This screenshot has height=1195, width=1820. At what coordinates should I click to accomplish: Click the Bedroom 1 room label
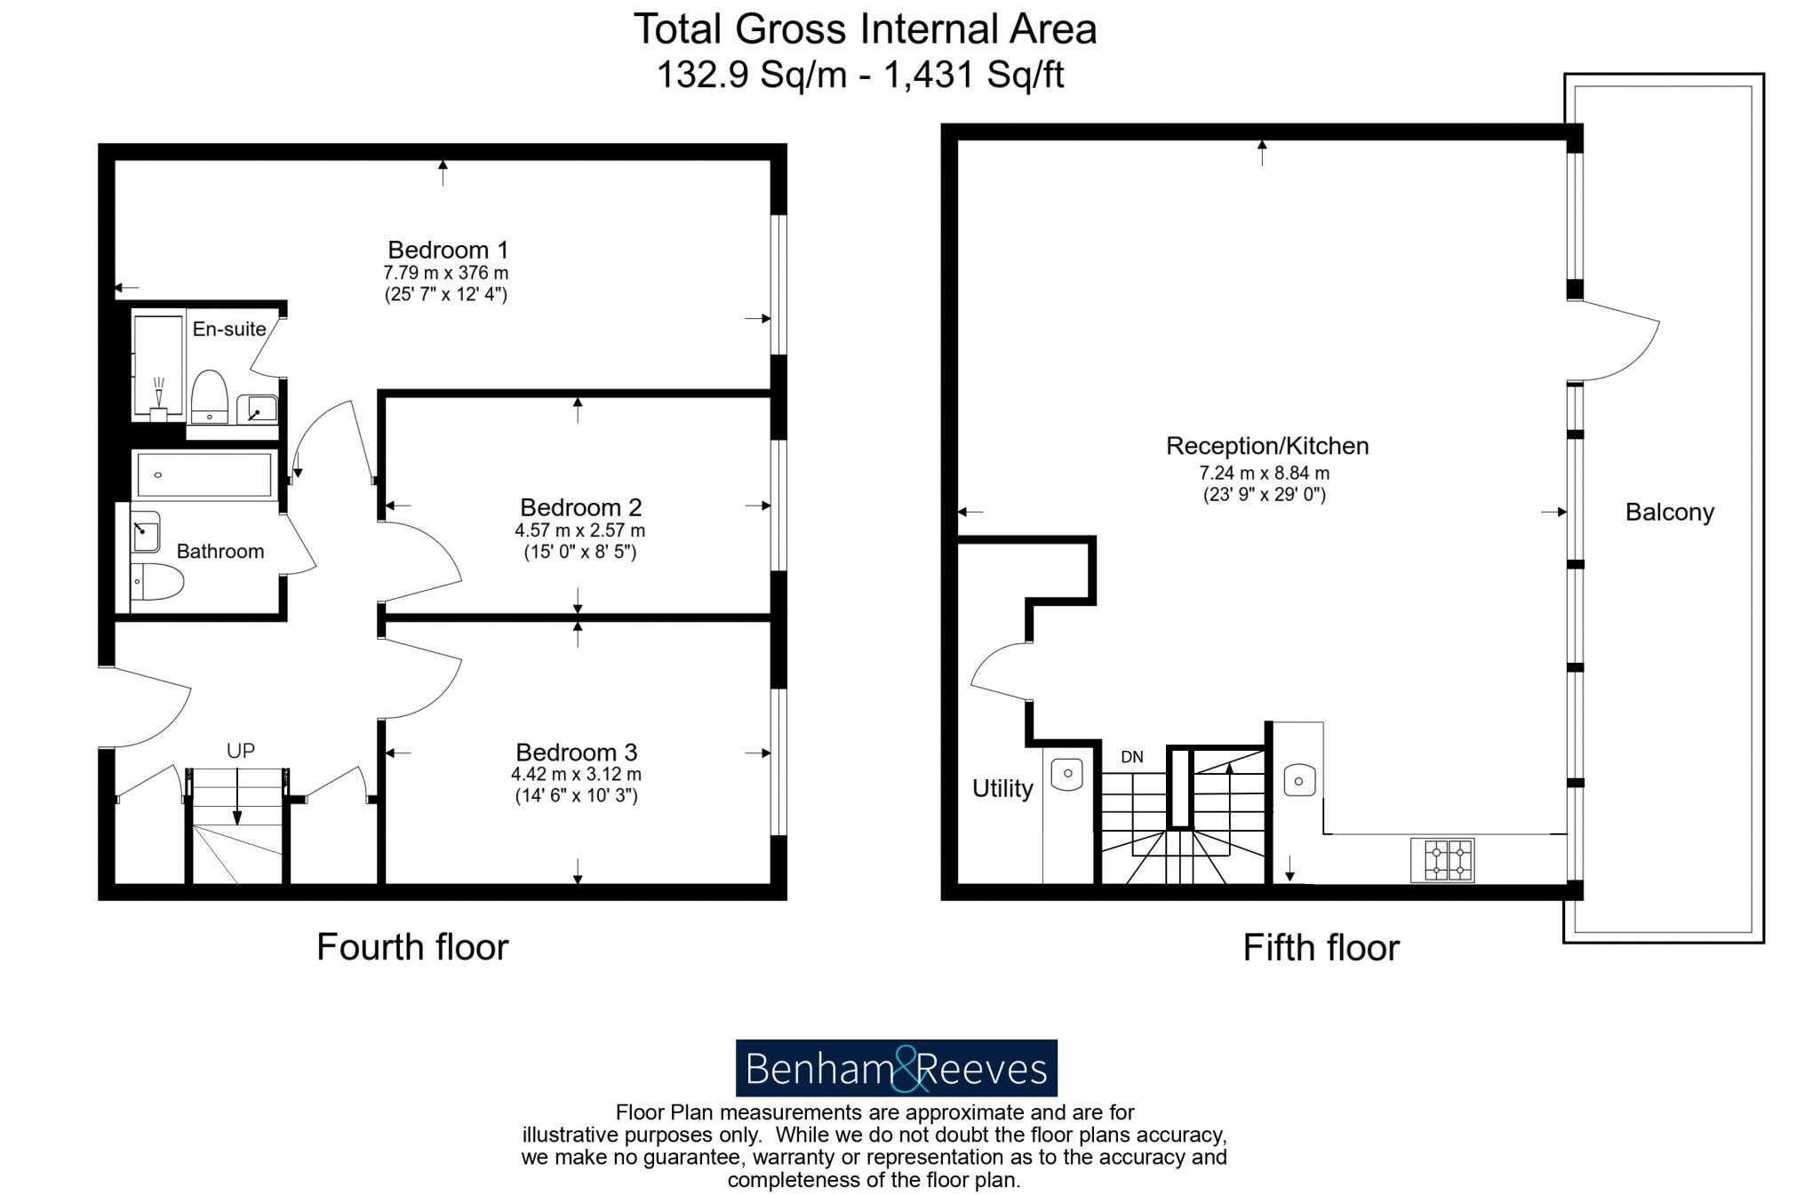coord(447,250)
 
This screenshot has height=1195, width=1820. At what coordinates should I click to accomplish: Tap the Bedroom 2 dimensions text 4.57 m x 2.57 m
coord(579,530)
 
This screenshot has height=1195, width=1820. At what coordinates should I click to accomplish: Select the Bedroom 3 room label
coord(576,753)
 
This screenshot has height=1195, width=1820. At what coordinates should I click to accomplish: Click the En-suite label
coord(229,329)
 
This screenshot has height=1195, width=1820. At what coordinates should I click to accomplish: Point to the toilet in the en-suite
coord(210,396)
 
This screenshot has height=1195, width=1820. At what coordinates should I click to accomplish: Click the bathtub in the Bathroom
coord(204,475)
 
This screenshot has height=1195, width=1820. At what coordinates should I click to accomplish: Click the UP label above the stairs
coord(240,751)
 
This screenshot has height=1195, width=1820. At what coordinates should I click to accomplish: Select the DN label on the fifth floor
coord(1131,757)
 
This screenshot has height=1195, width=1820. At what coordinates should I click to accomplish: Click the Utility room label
coord(1002,788)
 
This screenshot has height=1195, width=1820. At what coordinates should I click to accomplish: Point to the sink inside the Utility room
coord(1066,773)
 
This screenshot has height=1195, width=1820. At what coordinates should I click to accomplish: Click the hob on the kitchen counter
coord(1441,859)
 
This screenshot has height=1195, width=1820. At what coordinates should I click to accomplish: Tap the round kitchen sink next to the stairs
coord(1299,780)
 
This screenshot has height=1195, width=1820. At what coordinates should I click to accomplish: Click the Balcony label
coord(1669,512)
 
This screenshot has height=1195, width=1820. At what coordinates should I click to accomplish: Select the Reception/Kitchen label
coord(1266,445)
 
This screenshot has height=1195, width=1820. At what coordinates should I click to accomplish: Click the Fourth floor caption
coord(412,947)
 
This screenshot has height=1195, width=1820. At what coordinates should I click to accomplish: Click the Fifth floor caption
coord(1321,948)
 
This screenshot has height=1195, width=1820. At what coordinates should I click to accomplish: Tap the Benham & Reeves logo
coord(896,1068)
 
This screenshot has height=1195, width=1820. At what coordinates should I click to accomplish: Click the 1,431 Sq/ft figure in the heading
coord(972,75)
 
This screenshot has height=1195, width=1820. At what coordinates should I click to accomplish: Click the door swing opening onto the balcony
coord(1613,342)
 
